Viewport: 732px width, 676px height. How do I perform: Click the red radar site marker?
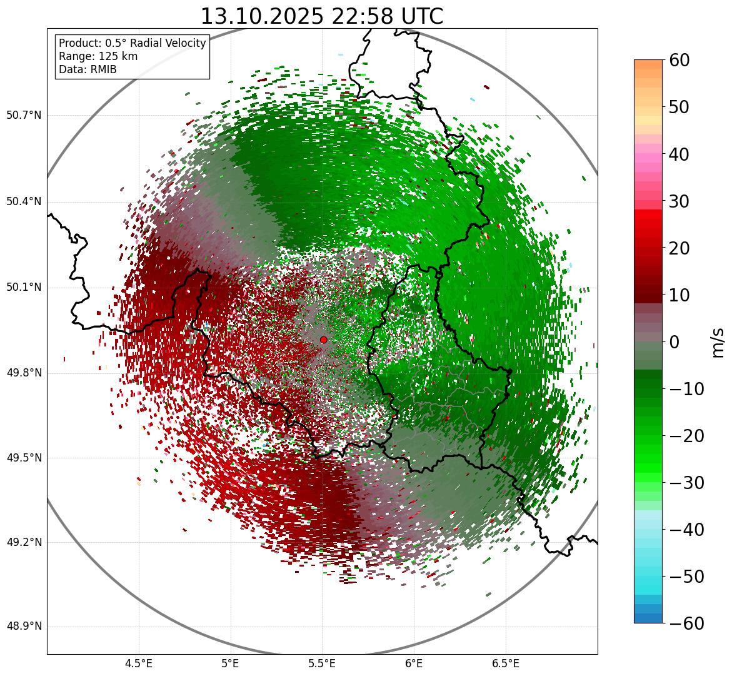tap(323, 340)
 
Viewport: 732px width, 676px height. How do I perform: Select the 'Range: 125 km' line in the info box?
tap(98, 56)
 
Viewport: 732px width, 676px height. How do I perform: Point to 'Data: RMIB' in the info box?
tap(88, 69)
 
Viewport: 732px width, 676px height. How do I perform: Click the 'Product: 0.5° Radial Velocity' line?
tap(132, 43)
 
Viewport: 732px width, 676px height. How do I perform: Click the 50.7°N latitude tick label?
tap(24, 116)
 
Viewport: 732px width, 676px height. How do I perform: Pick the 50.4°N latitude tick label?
tap(24, 202)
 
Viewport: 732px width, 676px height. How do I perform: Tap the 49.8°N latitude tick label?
tap(24, 373)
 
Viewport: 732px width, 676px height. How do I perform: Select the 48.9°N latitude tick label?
tap(24, 627)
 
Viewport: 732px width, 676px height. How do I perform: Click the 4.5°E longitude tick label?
tap(139, 664)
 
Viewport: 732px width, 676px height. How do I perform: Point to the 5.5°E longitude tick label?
tap(322, 664)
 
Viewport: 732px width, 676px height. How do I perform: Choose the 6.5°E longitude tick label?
tap(505, 664)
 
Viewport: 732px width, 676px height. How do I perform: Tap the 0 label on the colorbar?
tap(674, 342)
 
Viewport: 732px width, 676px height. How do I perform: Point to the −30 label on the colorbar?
tap(686, 483)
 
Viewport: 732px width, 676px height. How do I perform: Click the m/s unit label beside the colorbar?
tap(718, 342)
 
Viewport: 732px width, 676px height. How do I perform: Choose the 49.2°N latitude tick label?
tap(24, 542)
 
